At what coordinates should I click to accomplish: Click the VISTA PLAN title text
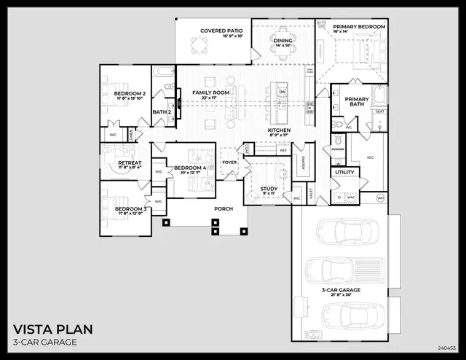coord(51,328)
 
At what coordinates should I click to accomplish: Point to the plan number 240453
coord(449,348)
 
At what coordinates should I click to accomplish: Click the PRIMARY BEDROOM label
coord(360,26)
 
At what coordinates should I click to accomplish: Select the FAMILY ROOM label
coord(211,93)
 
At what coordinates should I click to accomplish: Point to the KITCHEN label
coord(279,130)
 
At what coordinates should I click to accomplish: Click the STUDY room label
coord(269,189)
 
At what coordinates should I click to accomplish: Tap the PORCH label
coord(224,208)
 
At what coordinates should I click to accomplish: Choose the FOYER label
coord(229,163)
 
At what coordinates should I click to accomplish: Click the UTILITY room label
coord(344,173)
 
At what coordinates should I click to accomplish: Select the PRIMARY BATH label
coord(357,101)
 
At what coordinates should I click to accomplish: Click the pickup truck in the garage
coord(343,271)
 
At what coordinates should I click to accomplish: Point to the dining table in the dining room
coord(283,38)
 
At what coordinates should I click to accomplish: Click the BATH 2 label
coord(161,111)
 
